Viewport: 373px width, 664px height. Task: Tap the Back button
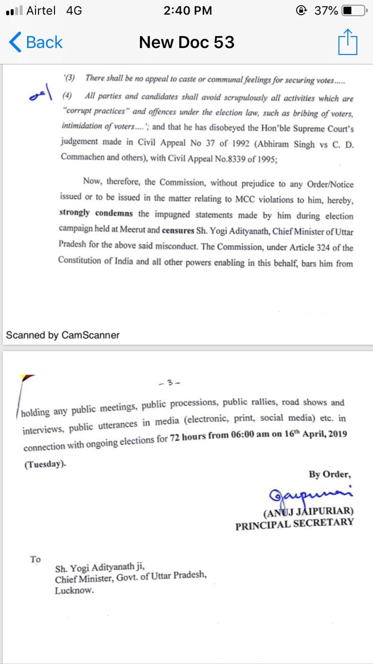(36, 42)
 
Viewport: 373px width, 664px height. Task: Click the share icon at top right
(347, 42)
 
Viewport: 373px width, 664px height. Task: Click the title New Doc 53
(186, 42)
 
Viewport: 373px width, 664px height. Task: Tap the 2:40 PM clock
(187, 11)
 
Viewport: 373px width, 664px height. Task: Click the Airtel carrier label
(41, 11)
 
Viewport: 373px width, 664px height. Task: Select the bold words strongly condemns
(96, 213)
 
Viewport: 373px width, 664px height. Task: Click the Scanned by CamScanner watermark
(63, 335)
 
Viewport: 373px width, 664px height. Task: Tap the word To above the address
(35, 559)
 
